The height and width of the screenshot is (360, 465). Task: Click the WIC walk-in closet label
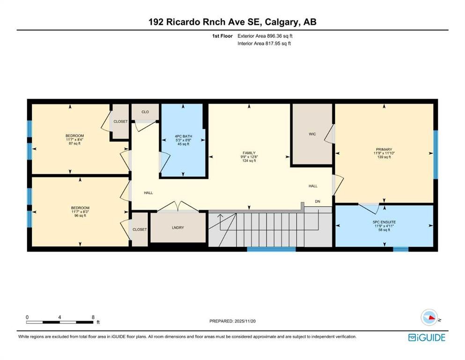(x=312, y=134)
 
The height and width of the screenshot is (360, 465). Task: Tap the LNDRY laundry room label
(x=178, y=228)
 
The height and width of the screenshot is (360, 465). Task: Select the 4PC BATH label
(x=183, y=136)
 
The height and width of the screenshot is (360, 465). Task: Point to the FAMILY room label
(x=249, y=153)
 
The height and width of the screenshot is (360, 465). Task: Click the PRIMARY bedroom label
(x=384, y=150)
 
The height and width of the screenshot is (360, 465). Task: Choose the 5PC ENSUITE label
(x=384, y=222)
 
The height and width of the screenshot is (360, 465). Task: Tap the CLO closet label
(x=145, y=112)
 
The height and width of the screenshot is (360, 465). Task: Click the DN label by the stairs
(x=317, y=202)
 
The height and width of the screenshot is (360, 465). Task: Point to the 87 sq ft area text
(x=74, y=143)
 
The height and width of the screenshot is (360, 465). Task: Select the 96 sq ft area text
(x=80, y=216)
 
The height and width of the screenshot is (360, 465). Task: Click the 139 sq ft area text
(x=384, y=157)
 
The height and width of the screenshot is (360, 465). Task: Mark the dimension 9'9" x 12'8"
(x=249, y=157)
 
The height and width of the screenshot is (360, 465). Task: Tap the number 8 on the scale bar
(x=93, y=317)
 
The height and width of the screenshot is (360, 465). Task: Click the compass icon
(x=429, y=317)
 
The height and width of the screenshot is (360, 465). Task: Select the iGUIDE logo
(x=427, y=338)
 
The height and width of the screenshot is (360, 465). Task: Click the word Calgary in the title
(x=282, y=22)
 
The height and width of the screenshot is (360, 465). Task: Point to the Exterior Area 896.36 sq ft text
(x=265, y=36)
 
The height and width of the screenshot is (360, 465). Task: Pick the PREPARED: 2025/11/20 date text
(x=232, y=321)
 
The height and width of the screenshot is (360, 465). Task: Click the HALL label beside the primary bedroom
(x=313, y=186)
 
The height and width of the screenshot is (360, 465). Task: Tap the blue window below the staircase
(x=271, y=249)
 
